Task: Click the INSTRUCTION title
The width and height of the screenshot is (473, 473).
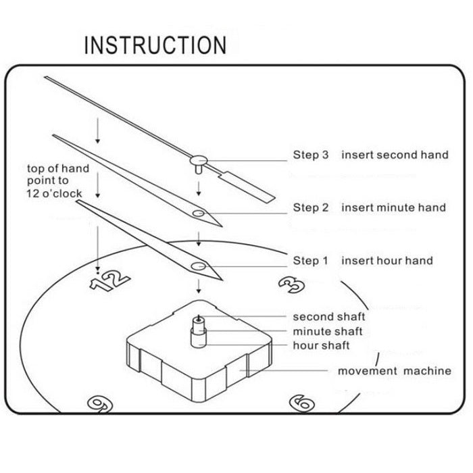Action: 155,46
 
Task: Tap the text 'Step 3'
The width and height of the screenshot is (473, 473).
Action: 311,155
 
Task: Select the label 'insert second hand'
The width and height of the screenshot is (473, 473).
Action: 395,155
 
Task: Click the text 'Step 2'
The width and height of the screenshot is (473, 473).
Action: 311,207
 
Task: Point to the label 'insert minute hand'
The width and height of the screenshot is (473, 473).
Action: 394,207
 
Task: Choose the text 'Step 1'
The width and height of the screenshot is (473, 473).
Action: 311,260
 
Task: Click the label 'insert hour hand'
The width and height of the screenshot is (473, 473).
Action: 387,260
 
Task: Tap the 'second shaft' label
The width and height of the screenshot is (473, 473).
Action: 329,316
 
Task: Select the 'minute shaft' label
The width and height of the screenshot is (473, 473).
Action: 328,331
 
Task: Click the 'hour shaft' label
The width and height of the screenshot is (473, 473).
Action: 321,345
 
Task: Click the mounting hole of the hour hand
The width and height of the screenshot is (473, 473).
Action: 198,266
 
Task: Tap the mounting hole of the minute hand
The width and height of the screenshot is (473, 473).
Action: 197,214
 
